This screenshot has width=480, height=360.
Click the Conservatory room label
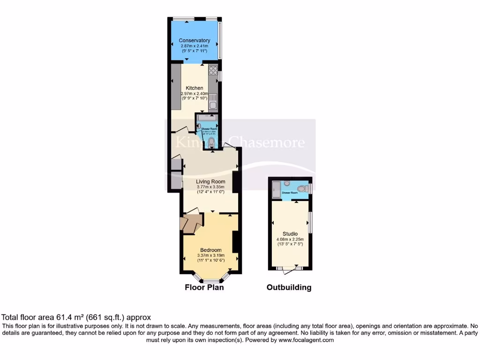(x=195, y=41)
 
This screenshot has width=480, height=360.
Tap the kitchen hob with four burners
(x=213, y=71)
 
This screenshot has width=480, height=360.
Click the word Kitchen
(x=195, y=88)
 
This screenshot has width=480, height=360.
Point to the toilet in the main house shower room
(x=211, y=142)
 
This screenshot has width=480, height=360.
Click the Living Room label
(x=210, y=181)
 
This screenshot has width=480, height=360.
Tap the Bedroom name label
(x=210, y=250)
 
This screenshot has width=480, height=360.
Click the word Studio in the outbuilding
(x=290, y=234)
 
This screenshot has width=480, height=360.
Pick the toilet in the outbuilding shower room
(x=305, y=188)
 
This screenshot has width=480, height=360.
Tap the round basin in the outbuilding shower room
(x=287, y=183)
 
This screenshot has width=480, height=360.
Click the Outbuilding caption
(x=289, y=287)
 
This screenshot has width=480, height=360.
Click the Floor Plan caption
(x=204, y=287)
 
